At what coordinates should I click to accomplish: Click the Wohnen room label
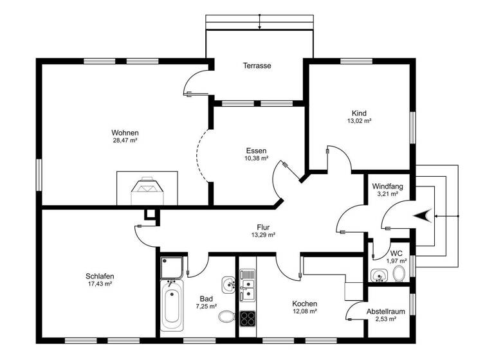pyautogui.click(x=125, y=133)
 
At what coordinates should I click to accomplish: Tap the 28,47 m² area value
pyautogui.click(x=125, y=141)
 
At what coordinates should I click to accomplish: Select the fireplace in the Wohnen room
pyautogui.click(x=147, y=188)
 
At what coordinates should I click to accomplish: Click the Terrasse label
pyautogui.click(x=257, y=66)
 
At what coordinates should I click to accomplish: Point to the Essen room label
pyautogui.click(x=256, y=150)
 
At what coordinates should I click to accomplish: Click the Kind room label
pyautogui.click(x=359, y=112)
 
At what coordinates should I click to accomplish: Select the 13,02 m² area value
pyautogui.click(x=359, y=120)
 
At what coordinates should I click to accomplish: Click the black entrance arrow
pyautogui.click(x=422, y=216)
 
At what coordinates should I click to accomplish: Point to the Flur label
pyautogui.click(x=262, y=227)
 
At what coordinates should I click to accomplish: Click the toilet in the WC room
pyautogui.click(x=399, y=274)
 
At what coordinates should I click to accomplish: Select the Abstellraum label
pyautogui.click(x=386, y=311)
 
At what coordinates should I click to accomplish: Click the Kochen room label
pyautogui.click(x=304, y=303)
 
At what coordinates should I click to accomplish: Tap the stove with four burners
pyautogui.click(x=248, y=318)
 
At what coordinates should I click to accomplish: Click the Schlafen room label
pyautogui.click(x=99, y=276)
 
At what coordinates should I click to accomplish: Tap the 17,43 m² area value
pyautogui.click(x=99, y=284)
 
